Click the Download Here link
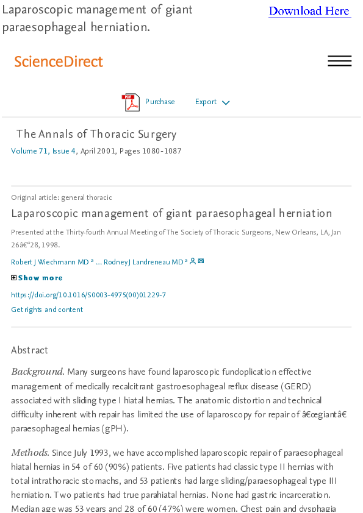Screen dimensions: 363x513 click(309, 11)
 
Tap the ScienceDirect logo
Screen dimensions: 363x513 click(59, 62)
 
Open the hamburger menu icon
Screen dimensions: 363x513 click(339, 61)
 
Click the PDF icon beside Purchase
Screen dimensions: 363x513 click(131, 102)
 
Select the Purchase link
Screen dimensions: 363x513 click(160, 102)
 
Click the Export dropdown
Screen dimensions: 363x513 click(206, 102)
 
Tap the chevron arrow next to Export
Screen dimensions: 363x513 click(226, 103)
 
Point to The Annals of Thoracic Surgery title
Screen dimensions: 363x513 click(96, 134)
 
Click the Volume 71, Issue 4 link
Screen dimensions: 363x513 click(43, 151)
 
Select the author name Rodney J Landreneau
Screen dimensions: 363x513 click(144, 262)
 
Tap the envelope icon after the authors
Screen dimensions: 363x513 click(201, 261)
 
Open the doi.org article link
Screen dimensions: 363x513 click(88, 295)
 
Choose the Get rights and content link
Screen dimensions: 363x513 click(47, 310)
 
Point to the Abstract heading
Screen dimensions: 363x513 click(29, 350)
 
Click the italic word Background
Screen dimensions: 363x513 click(37, 372)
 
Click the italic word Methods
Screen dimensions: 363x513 click(30, 453)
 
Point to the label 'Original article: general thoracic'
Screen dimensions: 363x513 click(62, 197)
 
